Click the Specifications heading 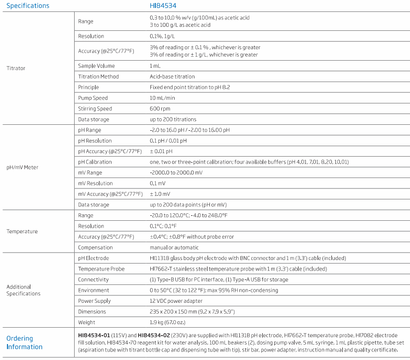28,6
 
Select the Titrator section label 16,68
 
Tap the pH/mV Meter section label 22,167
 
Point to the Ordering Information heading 24,343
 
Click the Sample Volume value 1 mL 155,66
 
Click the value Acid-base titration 172,77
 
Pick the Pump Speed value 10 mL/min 162,98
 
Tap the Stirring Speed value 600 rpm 160,108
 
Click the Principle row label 89,88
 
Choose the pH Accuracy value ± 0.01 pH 161,151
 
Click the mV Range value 176,173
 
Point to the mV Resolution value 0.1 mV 159,183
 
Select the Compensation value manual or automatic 174,248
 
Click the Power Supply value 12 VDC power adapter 176,301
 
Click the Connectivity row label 93,279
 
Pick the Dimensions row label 92,312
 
